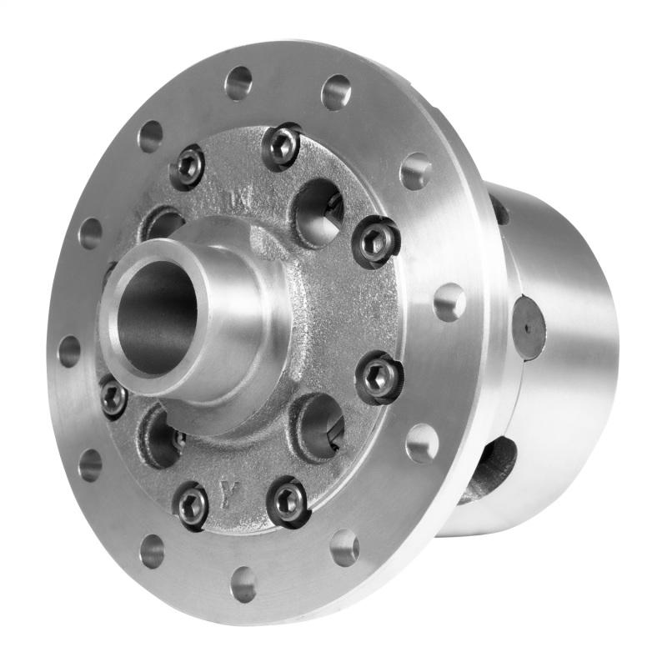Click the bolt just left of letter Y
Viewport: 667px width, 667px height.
point(193,504)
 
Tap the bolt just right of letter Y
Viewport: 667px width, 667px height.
point(288,500)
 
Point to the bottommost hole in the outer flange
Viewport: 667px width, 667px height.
point(243,584)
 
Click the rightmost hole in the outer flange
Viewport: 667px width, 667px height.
point(449,300)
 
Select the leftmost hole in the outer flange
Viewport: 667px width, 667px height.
point(70,351)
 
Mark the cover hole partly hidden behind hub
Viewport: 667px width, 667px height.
point(167,223)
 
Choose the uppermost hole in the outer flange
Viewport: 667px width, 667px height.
point(239,81)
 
